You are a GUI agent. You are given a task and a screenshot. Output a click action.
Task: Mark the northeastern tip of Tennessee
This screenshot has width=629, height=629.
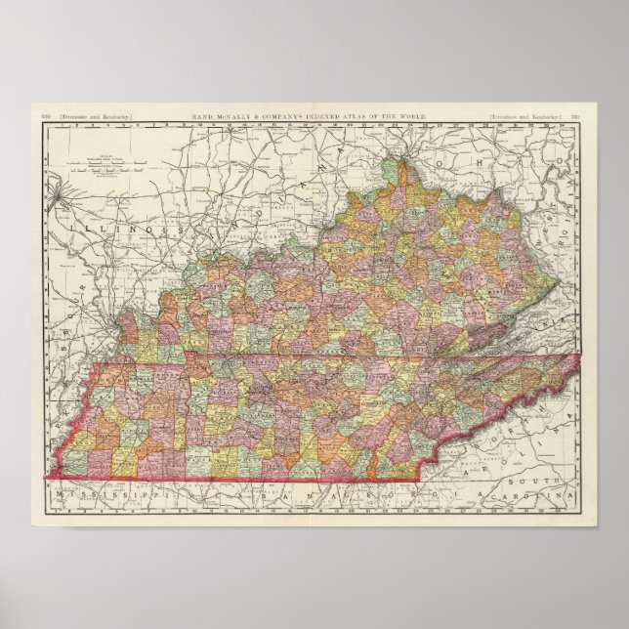pyautogui.click(x=582, y=356)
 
